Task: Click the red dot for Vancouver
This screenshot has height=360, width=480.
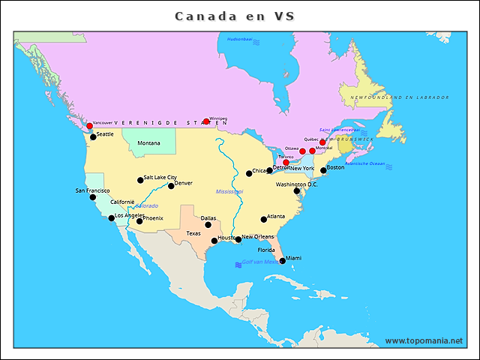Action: point(89,126)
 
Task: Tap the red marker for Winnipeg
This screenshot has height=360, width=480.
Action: point(206,121)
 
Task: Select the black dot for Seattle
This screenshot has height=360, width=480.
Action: point(93,136)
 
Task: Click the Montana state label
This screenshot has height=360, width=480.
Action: point(148,143)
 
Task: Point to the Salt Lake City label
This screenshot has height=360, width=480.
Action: point(160,178)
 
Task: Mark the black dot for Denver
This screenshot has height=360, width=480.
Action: point(171,185)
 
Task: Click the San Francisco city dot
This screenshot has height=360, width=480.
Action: point(93,196)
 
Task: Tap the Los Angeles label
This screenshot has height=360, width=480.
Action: point(130,215)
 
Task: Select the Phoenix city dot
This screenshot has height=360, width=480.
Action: point(139,220)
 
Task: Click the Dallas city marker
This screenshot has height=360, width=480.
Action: point(208,224)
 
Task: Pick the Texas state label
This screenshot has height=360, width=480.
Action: point(193,233)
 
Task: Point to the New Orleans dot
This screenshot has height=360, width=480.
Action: point(238,239)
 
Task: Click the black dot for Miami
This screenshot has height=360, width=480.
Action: point(282,261)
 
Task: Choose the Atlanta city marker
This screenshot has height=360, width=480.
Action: point(264,219)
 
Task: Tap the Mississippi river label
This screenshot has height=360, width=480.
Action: point(229,191)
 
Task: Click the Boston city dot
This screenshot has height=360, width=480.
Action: point(323,170)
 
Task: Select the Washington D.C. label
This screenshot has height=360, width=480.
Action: point(297,184)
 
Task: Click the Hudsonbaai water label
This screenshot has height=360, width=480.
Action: point(240,38)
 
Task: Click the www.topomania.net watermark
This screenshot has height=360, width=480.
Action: point(424,340)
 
